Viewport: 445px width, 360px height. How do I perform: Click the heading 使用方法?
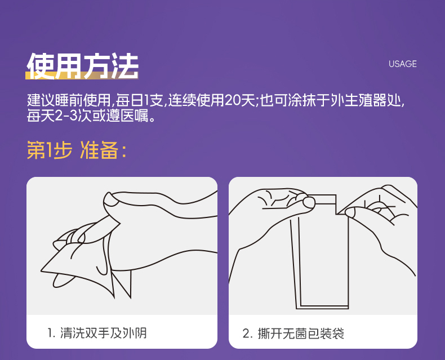coord(82,66)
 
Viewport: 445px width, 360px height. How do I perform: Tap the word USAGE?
coord(402,64)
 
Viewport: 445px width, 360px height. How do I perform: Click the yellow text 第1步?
coord(50,150)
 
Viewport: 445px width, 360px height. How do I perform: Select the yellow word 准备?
coord(99,150)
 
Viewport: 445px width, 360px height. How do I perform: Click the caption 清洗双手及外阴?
coord(103,333)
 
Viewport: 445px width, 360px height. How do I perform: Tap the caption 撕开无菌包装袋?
coord(301,334)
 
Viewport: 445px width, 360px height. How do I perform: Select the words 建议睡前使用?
coord(69,100)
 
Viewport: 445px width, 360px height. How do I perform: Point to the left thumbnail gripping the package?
coord(309,202)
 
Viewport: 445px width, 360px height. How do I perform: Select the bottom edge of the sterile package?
coord(322,307)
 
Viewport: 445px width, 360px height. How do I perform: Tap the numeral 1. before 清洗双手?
coord(51,334)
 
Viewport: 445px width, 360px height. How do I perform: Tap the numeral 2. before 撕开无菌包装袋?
coord(248,334)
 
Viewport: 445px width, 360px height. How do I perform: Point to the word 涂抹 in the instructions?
coord(302,100)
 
